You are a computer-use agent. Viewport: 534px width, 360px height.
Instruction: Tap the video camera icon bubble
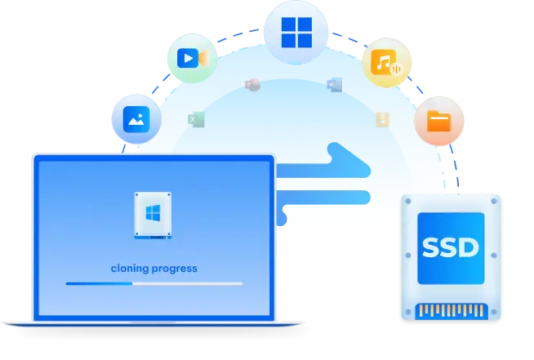click(x=190, y=58)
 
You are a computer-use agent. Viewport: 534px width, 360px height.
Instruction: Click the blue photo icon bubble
click(x=135, y=119)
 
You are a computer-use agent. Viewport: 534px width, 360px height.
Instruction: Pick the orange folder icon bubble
click(x=438, y=122)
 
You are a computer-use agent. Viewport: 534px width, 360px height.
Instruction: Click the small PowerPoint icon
click(x=251, y=85)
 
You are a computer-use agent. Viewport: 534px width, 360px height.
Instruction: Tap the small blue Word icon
click(x=333, y=85)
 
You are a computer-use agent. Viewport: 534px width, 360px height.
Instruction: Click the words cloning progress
click(x=154, y=268)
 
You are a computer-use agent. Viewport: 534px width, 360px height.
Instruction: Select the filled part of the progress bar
click(x=99, y=283)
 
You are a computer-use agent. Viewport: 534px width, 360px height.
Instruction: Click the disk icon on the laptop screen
click(x=153, y=215)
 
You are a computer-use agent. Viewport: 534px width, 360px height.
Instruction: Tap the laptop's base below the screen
click(x=153, y=322)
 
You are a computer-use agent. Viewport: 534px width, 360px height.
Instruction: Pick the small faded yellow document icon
click(x=382, y=120)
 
